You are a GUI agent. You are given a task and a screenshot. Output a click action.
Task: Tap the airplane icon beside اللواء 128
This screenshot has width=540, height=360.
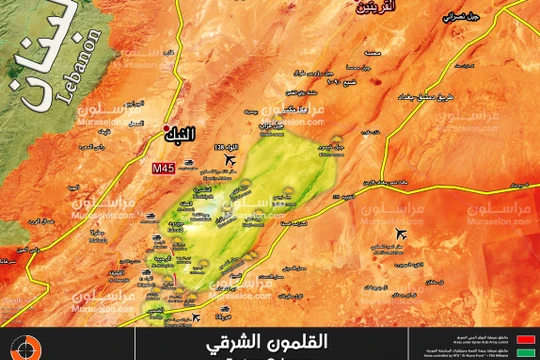(x=233, y=160)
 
